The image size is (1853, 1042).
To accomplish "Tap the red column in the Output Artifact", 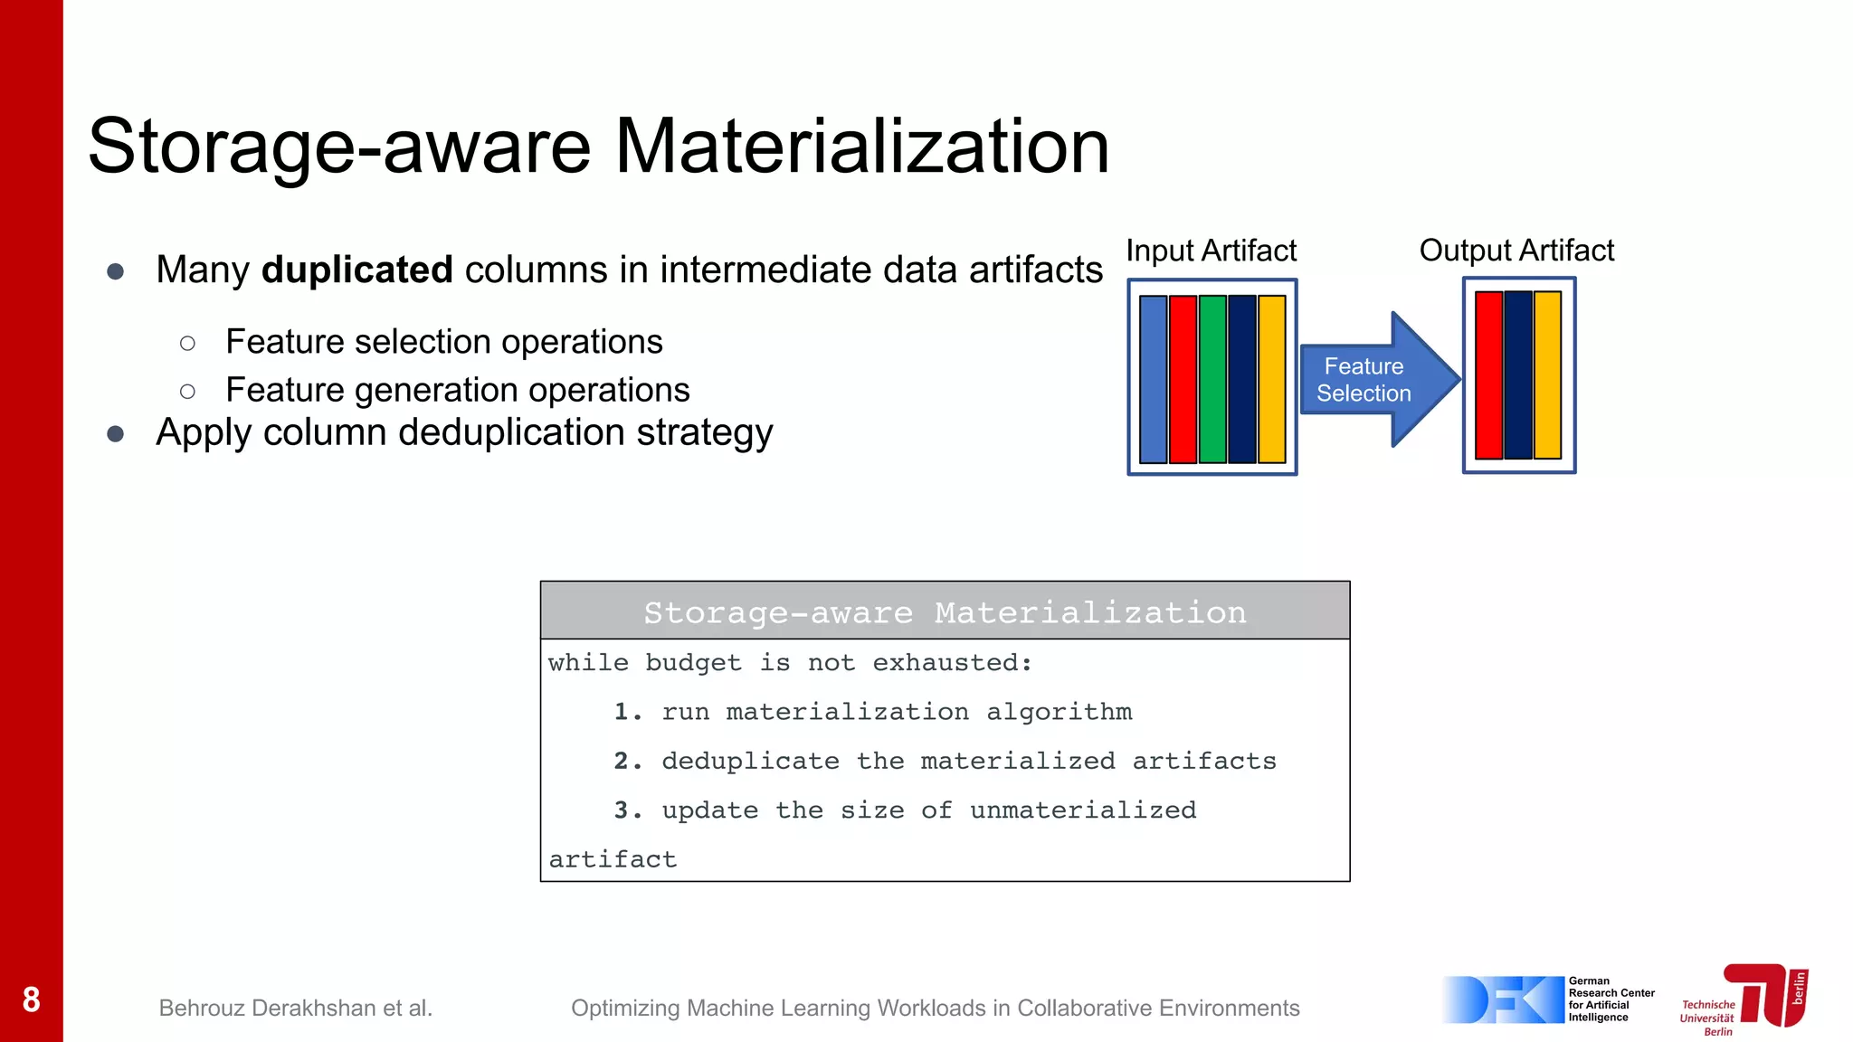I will pyautogui.click(x=1488, y=374).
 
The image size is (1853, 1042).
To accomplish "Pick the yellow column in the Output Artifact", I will pyautogui.click(x=1548, y=374).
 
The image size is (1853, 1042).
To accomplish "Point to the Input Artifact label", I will pyautogui.click(x=1211, y=251).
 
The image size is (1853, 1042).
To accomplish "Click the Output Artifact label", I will pyautogui.click(x=1516, y=251).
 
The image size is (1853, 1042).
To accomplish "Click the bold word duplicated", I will pyautogui.click(x=357, y=270).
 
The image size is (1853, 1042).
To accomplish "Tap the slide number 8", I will pyautogui.click(x=32, y=999).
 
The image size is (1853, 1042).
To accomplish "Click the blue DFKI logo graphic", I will pyautogui.click(x=1502, y=999).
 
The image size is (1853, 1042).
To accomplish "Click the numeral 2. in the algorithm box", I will pyautogui.click(x=627, y=762).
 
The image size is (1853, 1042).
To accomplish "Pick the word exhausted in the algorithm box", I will pyautogui.click(x=951, y=663).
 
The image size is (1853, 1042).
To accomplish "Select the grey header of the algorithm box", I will pyautogui.click(x=945, y=611).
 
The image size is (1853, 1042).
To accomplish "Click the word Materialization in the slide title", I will pyautogui.click(x=861, y=147).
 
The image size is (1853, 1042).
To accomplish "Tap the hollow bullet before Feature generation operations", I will pyautogui.click(x=187, y=392).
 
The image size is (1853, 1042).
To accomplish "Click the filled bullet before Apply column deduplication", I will pyautogui.click(x=115, y=434).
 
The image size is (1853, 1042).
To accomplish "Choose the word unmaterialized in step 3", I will pyautogui.click(x=1083, y=810).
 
